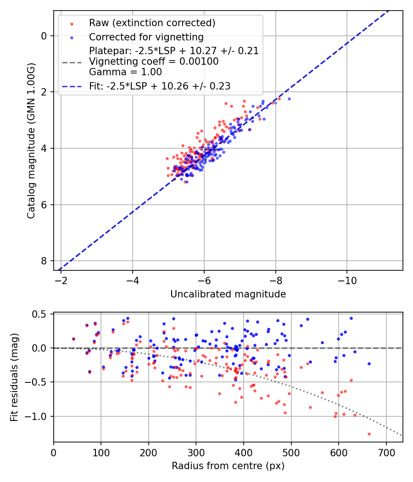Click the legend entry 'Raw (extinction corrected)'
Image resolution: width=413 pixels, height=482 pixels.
tap(152, 23)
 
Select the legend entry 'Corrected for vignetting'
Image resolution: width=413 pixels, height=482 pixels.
tap(146, 37)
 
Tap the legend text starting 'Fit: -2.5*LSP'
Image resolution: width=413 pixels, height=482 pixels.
tap(160, 86)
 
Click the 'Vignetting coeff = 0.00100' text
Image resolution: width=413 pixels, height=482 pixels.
tap(154, 62)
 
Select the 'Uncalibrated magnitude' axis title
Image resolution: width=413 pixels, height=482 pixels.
tap(228, 294)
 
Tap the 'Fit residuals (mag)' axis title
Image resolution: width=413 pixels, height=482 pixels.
tap(14, 377)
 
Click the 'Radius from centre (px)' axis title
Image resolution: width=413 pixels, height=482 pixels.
tap(228, 466)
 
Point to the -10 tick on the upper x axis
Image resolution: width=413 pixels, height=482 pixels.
tap(347, 280)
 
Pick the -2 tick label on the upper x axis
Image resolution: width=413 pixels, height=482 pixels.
tap(61, 280)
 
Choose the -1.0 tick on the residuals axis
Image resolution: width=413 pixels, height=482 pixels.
tap(38, 416)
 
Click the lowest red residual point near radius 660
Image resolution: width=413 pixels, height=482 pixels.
tap(368, 434)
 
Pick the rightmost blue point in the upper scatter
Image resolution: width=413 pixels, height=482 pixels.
tap(289, 99)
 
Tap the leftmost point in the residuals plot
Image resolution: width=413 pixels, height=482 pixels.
tap(73, 339)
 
